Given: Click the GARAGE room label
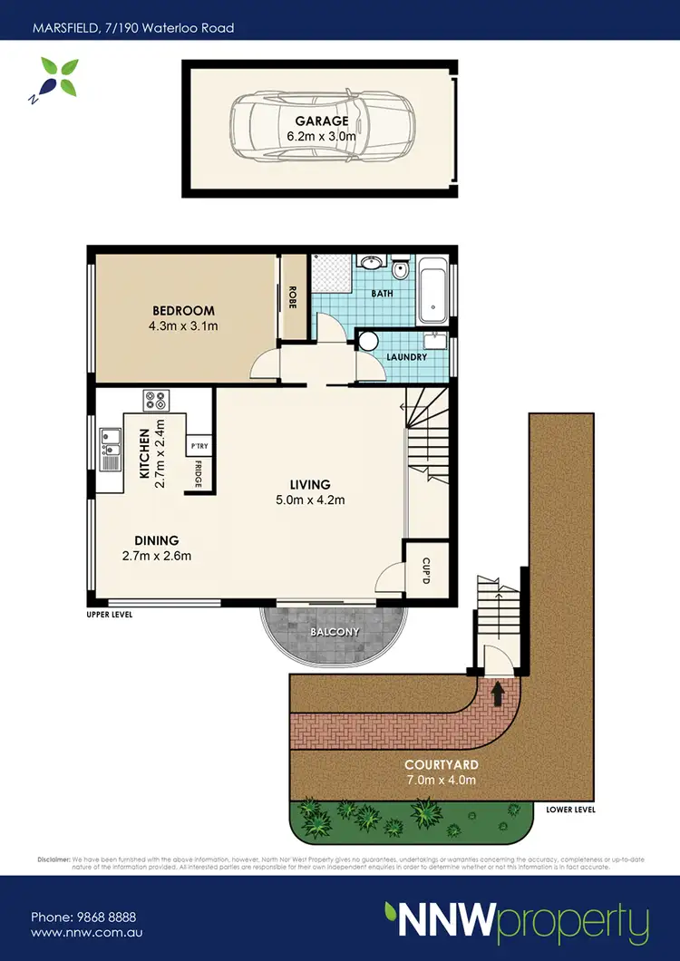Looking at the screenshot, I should point(320,121).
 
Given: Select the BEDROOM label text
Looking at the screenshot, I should point(183,311).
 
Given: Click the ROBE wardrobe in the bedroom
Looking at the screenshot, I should point(293,298).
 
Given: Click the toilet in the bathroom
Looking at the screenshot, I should point(400,269).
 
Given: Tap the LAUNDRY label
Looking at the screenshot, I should point(405,357).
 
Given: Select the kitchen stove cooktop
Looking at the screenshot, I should point(155,399).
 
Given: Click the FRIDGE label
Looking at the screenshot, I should point(199,475).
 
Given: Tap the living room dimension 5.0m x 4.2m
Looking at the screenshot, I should point(311,500).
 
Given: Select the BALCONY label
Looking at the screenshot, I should point(335,631).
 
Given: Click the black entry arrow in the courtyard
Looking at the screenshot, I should point(496,694).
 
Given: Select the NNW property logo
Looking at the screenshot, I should point(516,922).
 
